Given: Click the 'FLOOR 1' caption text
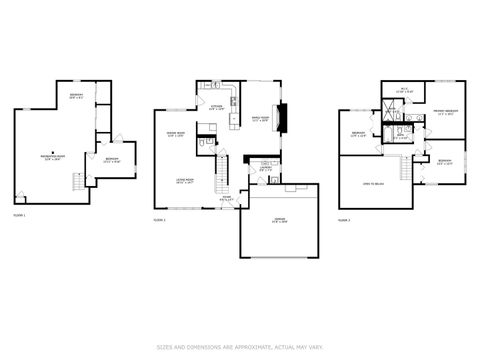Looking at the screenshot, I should [x=20, y=216].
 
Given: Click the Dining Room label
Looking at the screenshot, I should [x=175, y=135].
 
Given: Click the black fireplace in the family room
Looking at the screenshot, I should [x=283, y=118].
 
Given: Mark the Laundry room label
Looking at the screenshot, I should [x=265, y=168].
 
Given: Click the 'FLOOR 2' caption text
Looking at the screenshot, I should [x=159, y=218].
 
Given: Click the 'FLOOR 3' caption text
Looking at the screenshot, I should [x=344, y=218].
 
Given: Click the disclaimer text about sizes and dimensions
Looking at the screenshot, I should [x=240, y=348].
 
